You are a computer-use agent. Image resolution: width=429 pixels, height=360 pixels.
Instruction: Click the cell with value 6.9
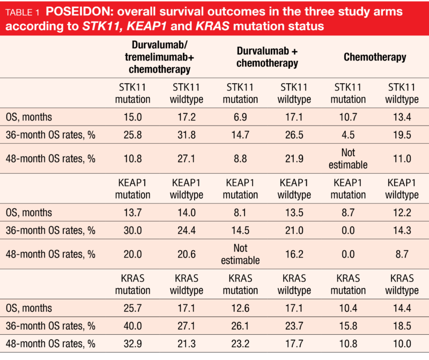coord(240,116)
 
